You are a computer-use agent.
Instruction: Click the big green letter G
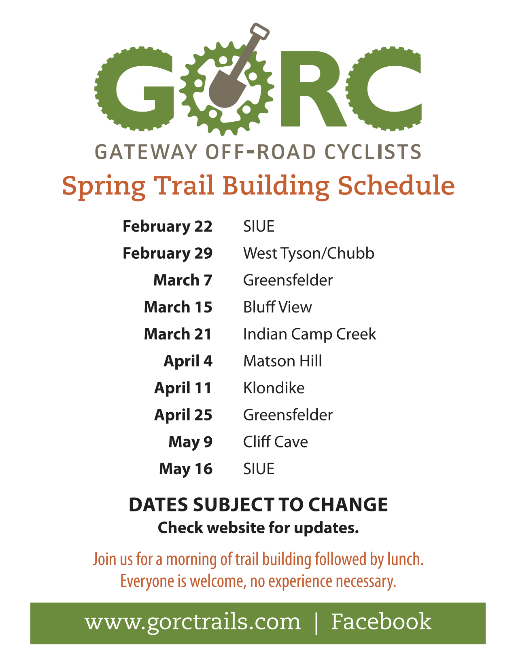click(x=135, y=89)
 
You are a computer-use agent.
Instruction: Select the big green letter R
click(x=314, y=89)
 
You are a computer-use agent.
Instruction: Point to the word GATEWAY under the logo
click(x=146, y=152)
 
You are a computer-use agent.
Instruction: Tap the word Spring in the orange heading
click(x=104, y=187)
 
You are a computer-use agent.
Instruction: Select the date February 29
click(x=168, y=253)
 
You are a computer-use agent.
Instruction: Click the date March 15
click(x=178, y=307)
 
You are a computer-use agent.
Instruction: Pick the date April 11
click(x=183, y=388)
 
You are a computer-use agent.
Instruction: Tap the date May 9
click(x=191, y=442)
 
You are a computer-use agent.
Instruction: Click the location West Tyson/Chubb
click(x=309, y=253)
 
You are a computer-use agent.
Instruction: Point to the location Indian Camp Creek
click(x=310, y=334)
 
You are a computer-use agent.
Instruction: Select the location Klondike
click(x=274, y=388)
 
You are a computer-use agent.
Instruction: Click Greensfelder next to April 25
click(x=288, y=415)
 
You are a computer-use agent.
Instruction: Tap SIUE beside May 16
click(x=259, y=469)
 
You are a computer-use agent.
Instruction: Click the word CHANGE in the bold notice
click(x=348, y=505)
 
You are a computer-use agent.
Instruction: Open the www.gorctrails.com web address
click(x=193, y=623)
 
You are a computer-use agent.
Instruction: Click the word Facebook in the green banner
click(x=381, y=621)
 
